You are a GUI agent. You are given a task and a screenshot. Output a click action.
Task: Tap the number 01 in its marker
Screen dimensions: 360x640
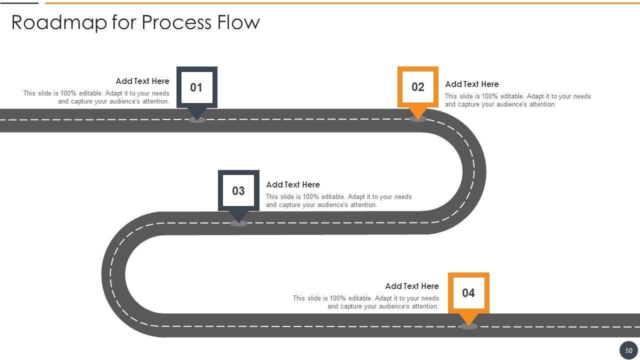click(196, 87)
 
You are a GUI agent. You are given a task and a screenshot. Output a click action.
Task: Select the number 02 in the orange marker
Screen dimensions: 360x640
click(418, 87)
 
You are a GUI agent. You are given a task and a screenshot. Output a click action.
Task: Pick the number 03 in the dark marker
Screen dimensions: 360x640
click(238, 190)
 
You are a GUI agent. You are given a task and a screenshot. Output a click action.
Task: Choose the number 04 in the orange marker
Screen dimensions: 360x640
click(468, 292)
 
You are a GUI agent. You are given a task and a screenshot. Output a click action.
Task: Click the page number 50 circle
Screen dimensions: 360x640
click(628, 350)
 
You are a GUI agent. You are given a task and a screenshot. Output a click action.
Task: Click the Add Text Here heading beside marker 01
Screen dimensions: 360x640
click(142, 81)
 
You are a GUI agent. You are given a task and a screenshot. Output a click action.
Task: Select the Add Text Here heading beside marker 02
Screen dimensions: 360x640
click(472, 84)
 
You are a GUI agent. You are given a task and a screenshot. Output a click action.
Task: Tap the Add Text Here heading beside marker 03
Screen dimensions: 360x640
click(293, 184)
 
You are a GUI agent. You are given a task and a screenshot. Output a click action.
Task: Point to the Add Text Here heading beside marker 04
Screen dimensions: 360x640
click(412, 286)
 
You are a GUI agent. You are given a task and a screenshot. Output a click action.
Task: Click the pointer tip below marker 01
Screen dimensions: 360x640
click(197, 114)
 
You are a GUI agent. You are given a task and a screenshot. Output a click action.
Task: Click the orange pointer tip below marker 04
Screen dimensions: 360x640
click(468, 321)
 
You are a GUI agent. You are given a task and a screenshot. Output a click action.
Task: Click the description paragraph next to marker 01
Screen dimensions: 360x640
click(96, 97)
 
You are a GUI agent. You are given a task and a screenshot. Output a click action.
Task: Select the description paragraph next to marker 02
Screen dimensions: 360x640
click(517, 100)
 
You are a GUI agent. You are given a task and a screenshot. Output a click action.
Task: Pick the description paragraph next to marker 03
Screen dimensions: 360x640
click(339, 200)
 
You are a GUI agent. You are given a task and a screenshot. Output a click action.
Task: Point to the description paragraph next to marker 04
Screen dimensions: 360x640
click(366, 302)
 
